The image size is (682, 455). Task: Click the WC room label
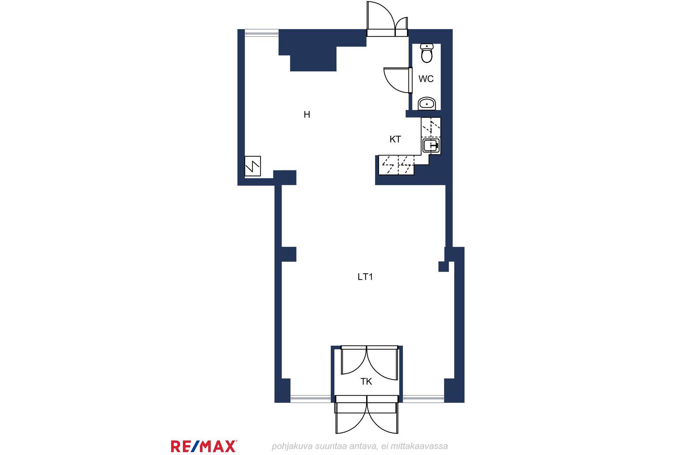coord(426,79)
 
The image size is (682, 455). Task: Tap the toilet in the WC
coord(426,53)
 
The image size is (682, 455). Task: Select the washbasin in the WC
coord(427,103)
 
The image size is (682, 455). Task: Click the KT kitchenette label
coord(395,139)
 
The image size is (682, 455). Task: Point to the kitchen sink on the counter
coord(431,145)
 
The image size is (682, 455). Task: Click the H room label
coord(307,114)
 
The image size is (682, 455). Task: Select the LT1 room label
coord(365,277)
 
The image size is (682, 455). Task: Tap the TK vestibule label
coord(366,382)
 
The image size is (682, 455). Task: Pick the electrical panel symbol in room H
coord(253,166)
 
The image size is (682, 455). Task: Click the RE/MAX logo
coord(204,446)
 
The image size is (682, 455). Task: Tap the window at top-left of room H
coord(262,33)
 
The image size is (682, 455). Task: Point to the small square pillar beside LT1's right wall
coord(443,267)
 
